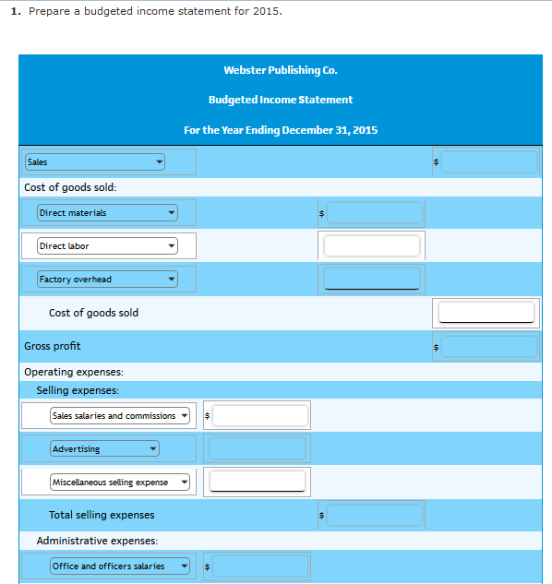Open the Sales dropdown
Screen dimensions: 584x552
coord(95,162)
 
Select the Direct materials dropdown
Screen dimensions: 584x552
coord(107,213)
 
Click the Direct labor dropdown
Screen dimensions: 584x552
coord(107,246)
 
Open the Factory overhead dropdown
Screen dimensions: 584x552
coord(107,280)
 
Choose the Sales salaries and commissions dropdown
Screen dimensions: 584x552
coord(120,416)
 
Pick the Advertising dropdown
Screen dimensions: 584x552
coord(105,449)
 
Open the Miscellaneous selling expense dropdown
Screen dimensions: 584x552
coord(120,483)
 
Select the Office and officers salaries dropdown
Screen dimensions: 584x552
coord(120,566)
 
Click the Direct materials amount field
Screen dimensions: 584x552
coord(374,213)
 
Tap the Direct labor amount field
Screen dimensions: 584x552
coord(372,246)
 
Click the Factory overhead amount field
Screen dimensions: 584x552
coord(372,279)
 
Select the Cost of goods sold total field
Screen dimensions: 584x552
coord(486,313)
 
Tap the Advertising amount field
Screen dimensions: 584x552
coord(258,449)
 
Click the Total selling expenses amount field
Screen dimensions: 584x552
coord(374,515)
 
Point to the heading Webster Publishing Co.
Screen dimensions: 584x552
coord(280,70)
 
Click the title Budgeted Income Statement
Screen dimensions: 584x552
coord(280,100)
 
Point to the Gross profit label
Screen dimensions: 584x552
coord(53,346)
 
